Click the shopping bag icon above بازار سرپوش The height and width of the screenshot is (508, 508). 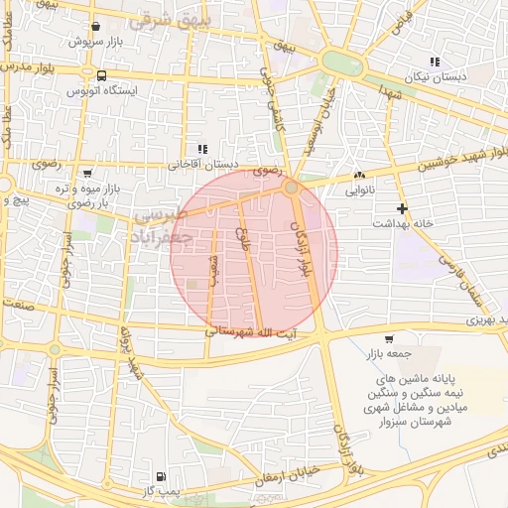coord(94,27)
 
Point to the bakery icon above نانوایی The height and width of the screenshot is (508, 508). coord(358,176)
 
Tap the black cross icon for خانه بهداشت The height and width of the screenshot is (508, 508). coord(401,208)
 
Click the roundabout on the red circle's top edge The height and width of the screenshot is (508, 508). coord(291,187)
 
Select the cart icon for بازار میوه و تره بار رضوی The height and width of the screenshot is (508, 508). coord(87,172)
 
